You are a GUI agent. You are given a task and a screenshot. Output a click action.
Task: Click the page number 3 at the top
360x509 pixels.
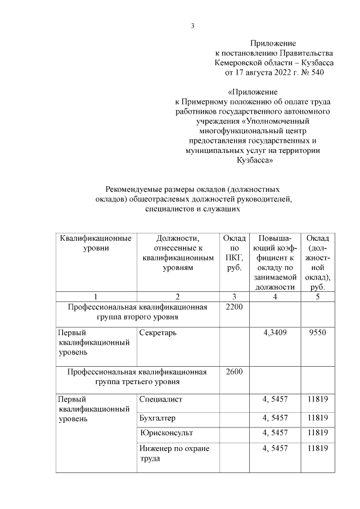coord(192,26)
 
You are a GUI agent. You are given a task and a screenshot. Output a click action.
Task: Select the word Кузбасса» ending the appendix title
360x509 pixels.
coord(254,160)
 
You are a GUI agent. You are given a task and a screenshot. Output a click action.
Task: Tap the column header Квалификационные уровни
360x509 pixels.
coord(96,243)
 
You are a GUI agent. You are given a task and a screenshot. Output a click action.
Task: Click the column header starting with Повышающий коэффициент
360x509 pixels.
coord(274,262)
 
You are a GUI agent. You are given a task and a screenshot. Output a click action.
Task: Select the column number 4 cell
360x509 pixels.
coord(274,296)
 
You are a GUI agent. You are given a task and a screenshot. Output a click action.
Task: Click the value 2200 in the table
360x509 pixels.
coord(234,308)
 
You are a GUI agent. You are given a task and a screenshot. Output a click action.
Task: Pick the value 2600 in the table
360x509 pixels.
coord(234,372)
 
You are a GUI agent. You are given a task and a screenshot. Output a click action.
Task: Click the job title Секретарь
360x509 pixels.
coord(159,332)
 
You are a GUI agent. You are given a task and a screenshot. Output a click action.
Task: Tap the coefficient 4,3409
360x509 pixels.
coord(274,332)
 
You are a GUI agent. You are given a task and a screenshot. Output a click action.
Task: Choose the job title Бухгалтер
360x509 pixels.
coord(158,418)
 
